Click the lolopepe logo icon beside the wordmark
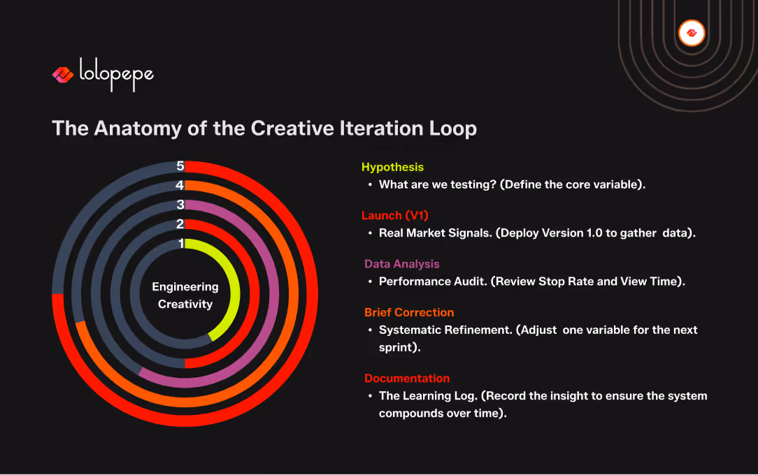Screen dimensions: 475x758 (x=62, y=75)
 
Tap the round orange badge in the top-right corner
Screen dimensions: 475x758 (x=692, y=33)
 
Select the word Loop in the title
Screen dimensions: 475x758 (x=452, y=129)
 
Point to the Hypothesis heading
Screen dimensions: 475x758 (x=392, y=167)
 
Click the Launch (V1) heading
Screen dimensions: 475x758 (x=394, y=215)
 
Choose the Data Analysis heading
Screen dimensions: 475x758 (x=401, y=264)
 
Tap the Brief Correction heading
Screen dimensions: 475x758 (x=408, y=312)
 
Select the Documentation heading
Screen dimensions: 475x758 (x=406, y=378)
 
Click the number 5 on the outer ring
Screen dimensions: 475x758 (x=180, y=166)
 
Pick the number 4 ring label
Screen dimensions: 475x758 (x=180, y=186)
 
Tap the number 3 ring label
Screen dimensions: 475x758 (x=180, y=205)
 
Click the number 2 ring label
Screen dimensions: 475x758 (x=180, y=224)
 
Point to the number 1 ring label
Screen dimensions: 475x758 (x=181, y=243)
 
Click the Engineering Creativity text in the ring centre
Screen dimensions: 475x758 (x=185, y=295)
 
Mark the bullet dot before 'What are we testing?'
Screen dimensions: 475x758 (x=370, y=185)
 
